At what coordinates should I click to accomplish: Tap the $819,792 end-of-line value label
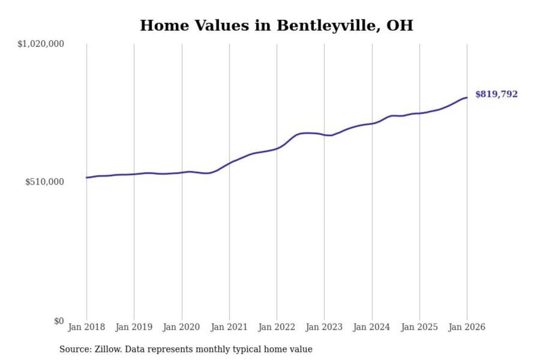click(496, 94)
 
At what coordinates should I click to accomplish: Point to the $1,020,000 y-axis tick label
click(40, 44)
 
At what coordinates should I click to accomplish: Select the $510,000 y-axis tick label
click(44, 182)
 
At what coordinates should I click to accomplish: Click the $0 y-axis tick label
click(59, 321)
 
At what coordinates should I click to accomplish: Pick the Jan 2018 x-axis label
click(86, 327)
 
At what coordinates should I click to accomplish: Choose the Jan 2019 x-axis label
click(134, 327)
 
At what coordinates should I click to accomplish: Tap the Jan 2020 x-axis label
click(181, 327)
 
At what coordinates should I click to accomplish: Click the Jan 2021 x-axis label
click(229, 327)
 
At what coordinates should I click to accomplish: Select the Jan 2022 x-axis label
click(277, 327)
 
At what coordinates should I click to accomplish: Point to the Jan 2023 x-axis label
click(324, 327)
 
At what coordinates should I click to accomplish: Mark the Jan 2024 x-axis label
click(372, 327)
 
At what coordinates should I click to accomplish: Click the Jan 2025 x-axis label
click(419, 327)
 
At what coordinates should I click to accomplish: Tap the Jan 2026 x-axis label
click(467, 327)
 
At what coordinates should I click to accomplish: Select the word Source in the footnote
click(75, 349)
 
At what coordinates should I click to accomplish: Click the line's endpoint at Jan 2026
click(467, 97)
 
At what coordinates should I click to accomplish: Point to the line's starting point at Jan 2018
click(87, 177)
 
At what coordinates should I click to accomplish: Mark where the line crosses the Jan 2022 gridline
click(277, 148)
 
